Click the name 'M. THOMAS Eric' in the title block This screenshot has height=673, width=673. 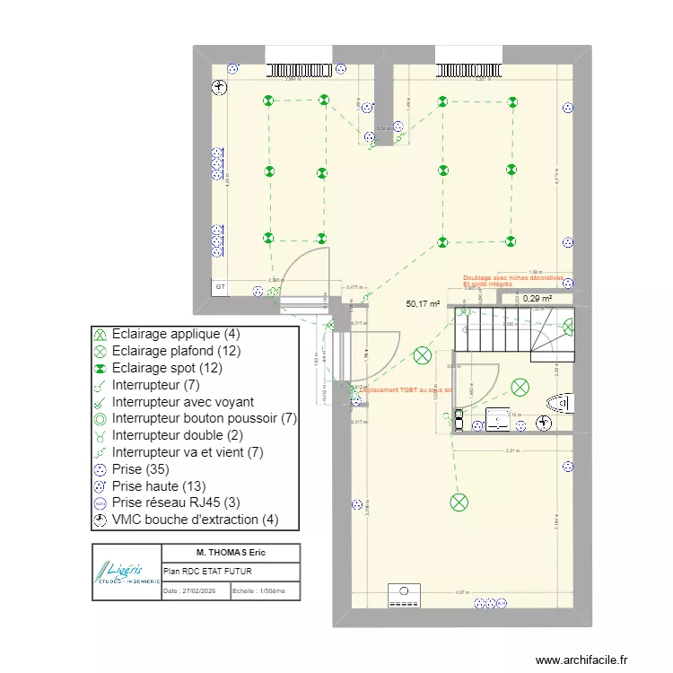230,552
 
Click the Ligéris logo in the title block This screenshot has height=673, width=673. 127,572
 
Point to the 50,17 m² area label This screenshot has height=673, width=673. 422,304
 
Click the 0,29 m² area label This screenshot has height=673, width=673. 538,299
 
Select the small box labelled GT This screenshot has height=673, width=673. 219,287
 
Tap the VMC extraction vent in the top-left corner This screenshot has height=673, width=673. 219,87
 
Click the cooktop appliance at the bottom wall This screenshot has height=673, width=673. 403,595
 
